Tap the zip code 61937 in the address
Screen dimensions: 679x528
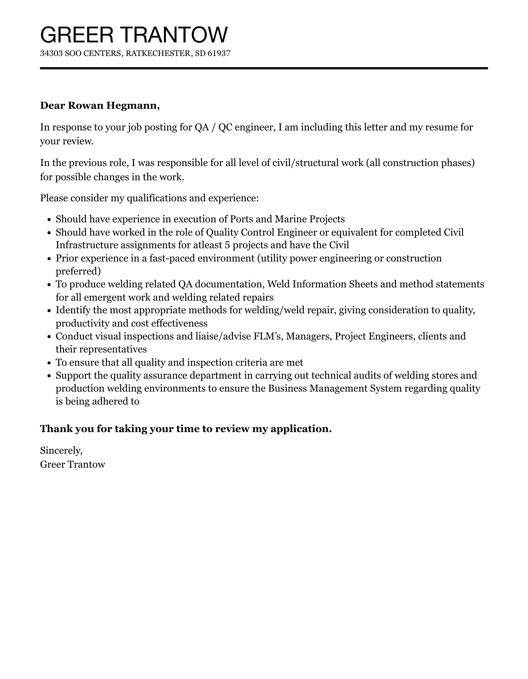(219, 53)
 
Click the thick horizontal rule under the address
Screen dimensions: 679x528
(264, 68)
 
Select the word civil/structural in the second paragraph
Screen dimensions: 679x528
(306, 162)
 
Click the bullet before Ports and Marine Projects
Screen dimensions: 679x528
(49, 220)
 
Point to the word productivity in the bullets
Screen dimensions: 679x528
(81, 323)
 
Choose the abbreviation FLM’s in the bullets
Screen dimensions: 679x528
(266, 336)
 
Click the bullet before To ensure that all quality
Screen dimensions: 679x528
(49, 363)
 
